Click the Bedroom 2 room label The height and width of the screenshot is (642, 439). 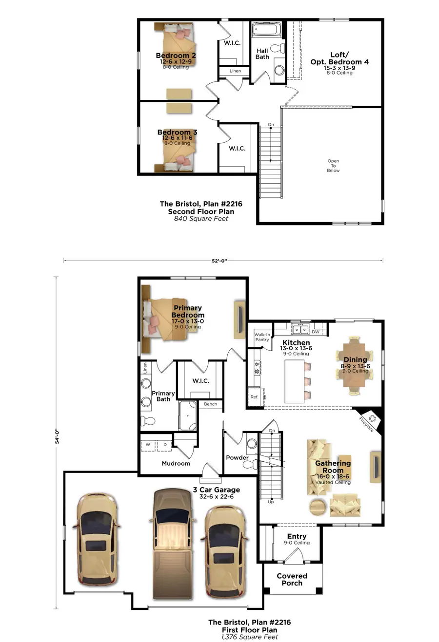(176, 56)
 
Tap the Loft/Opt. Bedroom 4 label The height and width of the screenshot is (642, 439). (339, 58)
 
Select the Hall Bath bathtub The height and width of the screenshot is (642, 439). (267, 30)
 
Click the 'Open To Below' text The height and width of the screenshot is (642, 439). (333, 166)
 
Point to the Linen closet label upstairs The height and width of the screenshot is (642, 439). (235, 71)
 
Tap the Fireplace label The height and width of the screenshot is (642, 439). (366, 423)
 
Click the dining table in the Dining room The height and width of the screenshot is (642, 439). (355, 365)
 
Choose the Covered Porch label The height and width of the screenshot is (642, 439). (292, 579)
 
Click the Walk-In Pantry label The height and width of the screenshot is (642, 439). (262, 337)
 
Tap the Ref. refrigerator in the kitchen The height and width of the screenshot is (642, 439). (254, 397)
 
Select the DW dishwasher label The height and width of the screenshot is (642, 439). (316, 332)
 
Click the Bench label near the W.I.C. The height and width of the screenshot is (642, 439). (210, 404)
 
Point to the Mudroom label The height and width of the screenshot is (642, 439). (176, 463)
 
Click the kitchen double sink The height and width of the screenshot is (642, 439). (299, 330)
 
